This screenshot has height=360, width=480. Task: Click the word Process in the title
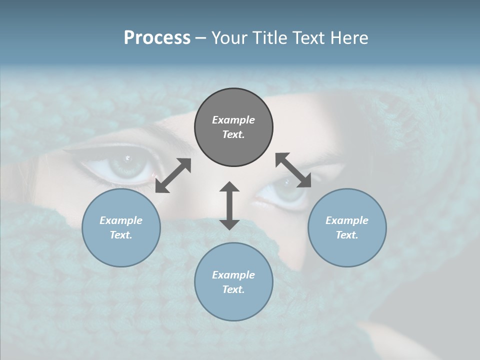[x=157, y=38]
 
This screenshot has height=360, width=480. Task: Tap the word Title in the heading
[x=269, y=38]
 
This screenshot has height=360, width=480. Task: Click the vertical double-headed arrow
[x=229, y=205]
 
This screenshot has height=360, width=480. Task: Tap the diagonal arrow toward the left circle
[x=173, y=175]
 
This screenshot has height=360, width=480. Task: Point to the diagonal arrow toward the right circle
[x=293, y=170]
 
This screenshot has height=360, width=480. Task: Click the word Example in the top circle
[x=233, y=120]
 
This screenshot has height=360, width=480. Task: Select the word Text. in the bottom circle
[x=233, y=289]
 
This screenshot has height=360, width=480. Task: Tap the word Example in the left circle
[x=121, y=220]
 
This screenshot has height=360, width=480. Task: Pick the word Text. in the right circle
[x=347, y=235]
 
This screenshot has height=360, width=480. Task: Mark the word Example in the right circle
[x=347, y=220]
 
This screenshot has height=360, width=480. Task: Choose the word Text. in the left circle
[x=121, y=235]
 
